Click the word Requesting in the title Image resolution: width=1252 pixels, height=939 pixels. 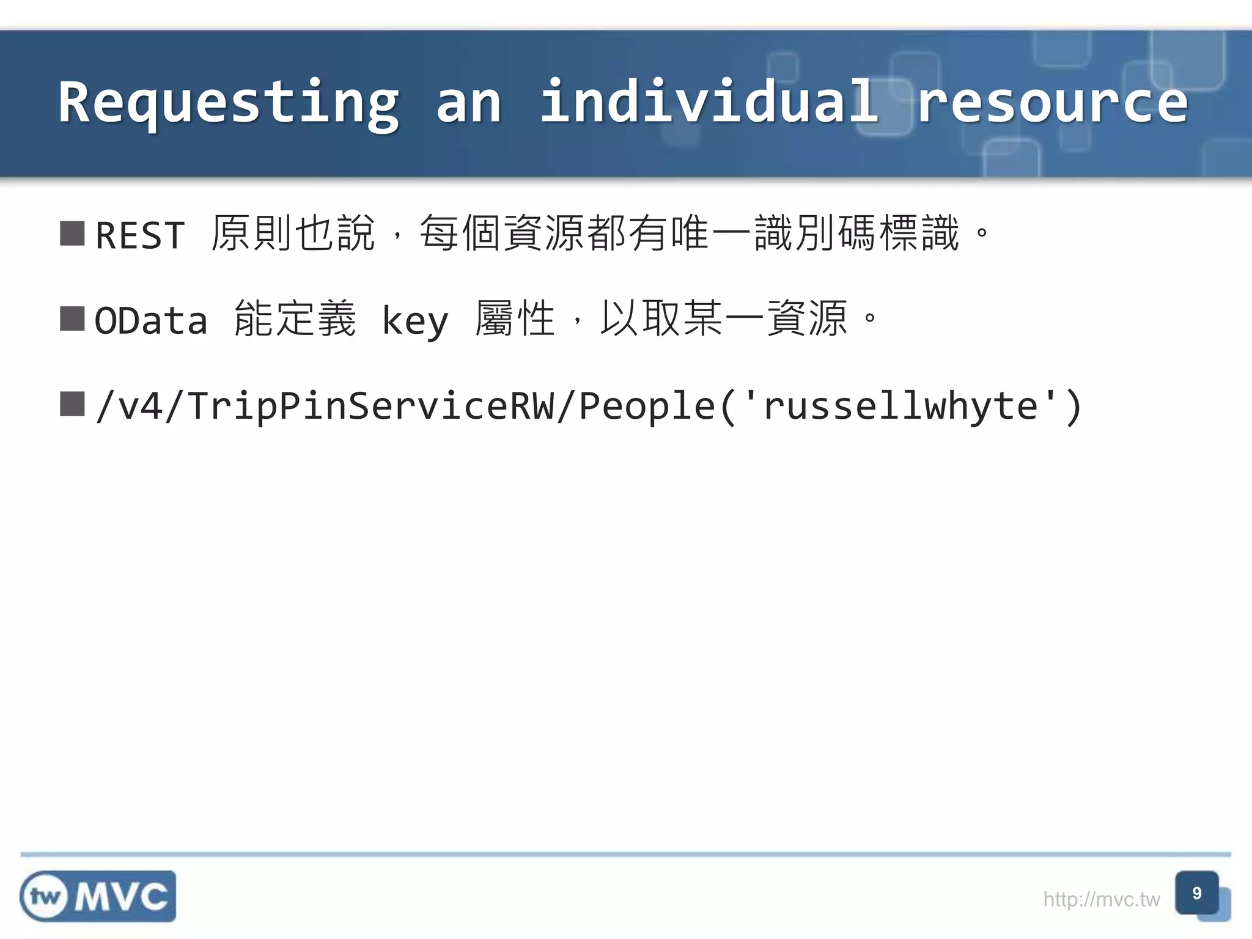coord(229,103)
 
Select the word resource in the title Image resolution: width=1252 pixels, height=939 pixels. coord(1051,103)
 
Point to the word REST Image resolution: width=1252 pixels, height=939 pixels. coord(140,235)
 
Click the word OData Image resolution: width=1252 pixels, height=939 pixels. coord(151,320)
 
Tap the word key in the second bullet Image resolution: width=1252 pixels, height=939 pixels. coord(415,322)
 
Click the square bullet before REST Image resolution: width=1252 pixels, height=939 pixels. coord(72,234)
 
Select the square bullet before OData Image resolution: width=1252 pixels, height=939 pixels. coord(72,319)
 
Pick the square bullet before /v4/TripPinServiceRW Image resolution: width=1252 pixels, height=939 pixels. coord(72,403)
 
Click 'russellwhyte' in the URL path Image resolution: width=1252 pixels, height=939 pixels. coord(900,406)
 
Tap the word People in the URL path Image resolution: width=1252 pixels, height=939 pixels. coord(647,406)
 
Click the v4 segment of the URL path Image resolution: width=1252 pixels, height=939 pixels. coord(141,406)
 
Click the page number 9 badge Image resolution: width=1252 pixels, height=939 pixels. coord(1196,893)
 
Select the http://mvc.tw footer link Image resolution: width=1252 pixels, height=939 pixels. coord(1101,899)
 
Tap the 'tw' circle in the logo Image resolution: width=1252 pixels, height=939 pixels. coord(45,897)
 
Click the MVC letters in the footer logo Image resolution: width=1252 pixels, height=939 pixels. coord(122,897)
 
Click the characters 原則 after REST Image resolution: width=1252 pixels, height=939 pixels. coord(251,234)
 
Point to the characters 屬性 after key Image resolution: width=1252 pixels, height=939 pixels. coord(515,319)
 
